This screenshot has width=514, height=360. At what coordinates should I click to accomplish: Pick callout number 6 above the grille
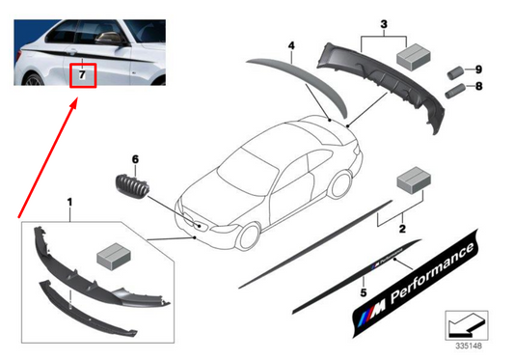tap(136, 157)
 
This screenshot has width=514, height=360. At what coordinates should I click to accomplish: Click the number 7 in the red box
tap(83, 73)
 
